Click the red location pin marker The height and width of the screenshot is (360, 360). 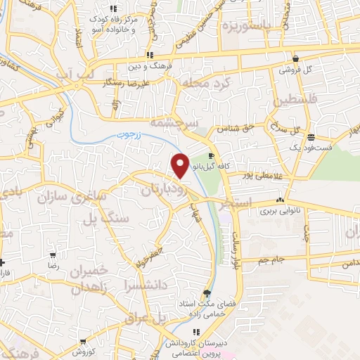click(x=181, y=165)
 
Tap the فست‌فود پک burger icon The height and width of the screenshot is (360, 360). click(x=311, y=138)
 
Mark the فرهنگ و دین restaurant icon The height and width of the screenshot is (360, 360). click(x=149, y=56)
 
